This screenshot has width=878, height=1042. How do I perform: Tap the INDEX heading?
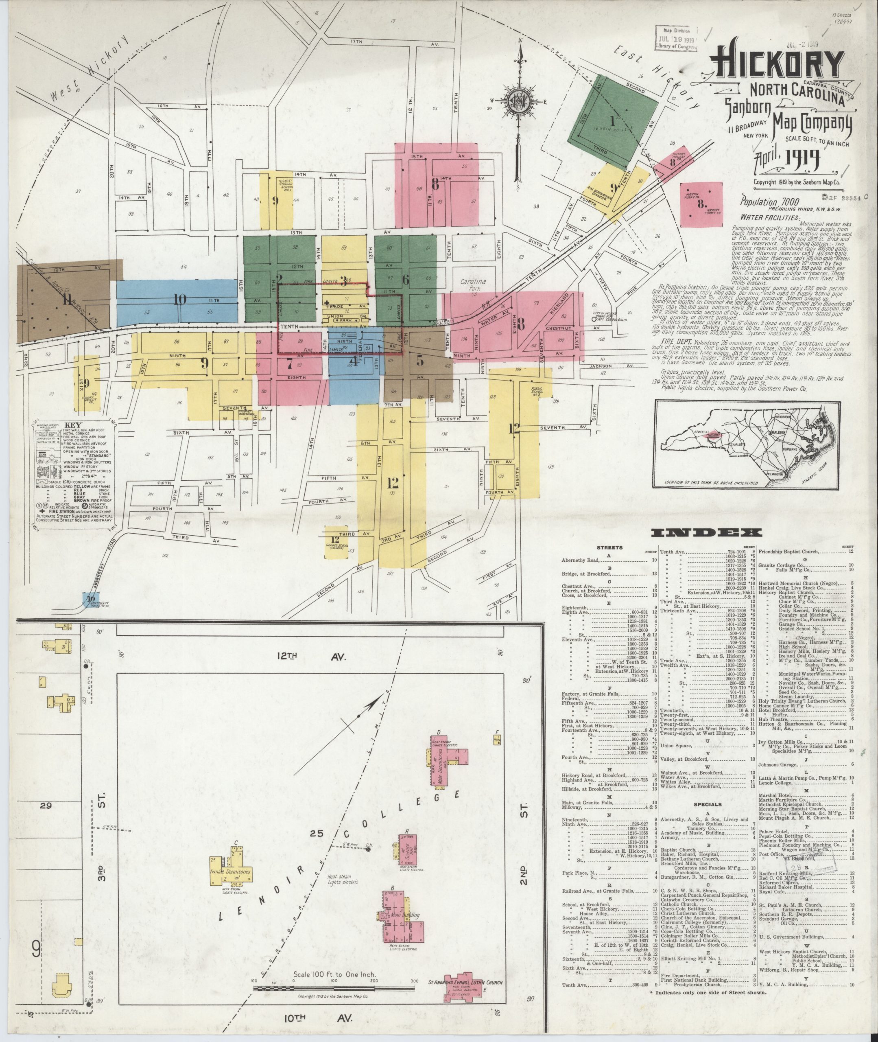(x=706, y=533)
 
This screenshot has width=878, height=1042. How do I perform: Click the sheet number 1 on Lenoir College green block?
(x=613, y=120)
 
